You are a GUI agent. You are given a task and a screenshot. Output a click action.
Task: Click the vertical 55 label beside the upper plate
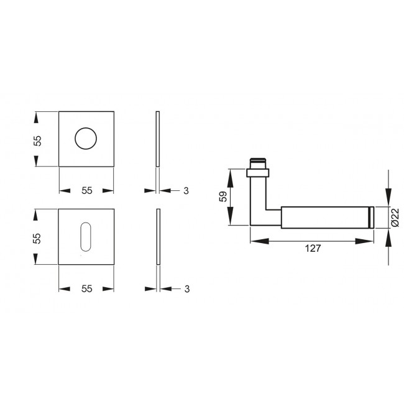[37, 140]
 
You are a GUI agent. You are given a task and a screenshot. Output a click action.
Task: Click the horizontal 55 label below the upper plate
[86, 191]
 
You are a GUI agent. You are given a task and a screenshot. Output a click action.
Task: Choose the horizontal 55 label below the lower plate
[86, 288]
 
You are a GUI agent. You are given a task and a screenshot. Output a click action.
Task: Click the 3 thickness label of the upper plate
[186, 191]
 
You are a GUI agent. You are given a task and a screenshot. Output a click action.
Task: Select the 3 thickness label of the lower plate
[186, 288]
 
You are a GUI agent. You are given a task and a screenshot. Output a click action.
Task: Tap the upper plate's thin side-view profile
[158, 139]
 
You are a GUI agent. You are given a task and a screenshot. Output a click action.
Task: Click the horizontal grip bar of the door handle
[323, 216]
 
